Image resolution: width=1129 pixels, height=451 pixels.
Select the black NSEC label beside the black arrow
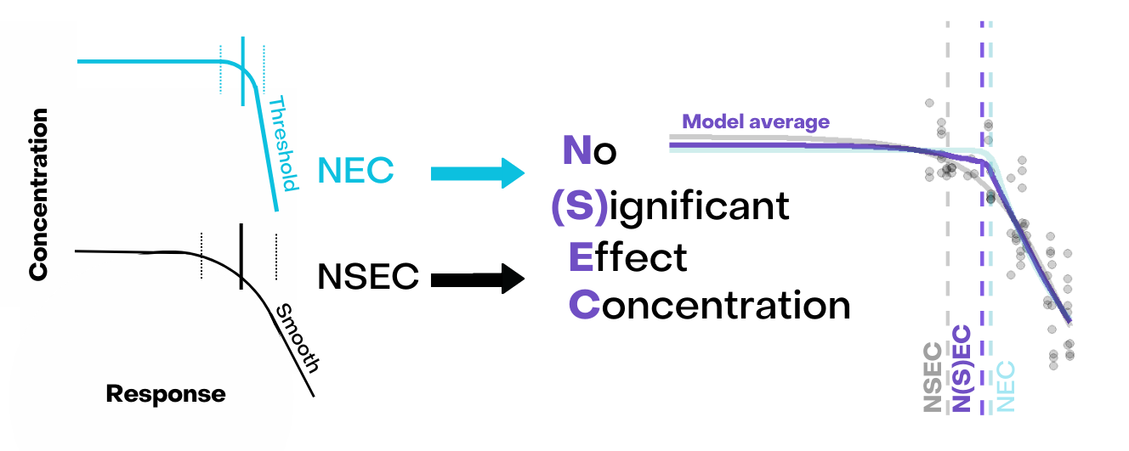tap(368, 277)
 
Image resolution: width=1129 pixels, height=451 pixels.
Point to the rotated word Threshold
tap(282, 144)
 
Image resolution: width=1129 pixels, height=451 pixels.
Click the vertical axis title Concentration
tap(38, 194)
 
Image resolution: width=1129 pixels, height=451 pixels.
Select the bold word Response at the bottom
tap(166, 394)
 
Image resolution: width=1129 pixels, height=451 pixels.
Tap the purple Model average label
tap(756, 122)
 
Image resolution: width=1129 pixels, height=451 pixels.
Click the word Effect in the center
tap(627, 257)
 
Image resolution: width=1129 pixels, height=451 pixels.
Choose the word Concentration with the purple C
tap(709, 305)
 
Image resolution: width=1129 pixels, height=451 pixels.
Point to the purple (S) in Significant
tap(578, 207)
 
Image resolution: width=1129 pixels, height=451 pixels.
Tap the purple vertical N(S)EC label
tap(962, 368)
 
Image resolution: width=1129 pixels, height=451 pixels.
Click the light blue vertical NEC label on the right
tap(1006, 386)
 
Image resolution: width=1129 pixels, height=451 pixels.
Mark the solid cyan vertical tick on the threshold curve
tap(243, 71)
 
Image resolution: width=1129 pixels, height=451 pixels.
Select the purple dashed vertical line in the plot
tap(982, 255)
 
